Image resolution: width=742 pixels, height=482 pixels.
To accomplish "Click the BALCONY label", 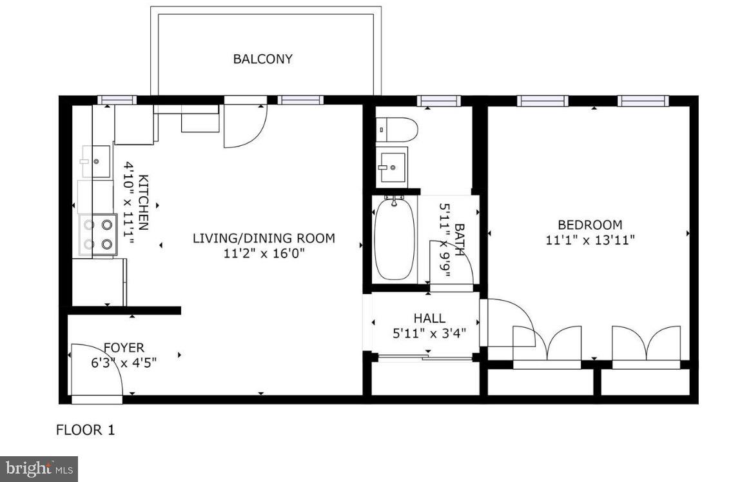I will point(262,59).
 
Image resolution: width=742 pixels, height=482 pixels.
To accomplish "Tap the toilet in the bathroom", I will point(396,129).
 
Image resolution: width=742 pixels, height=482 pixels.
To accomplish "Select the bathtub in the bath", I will point(394,239).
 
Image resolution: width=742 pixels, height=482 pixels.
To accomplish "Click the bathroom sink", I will point(391,166).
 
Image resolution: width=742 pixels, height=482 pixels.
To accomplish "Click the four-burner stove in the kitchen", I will point(99,235).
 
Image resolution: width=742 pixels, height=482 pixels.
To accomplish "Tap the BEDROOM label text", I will point(590,225).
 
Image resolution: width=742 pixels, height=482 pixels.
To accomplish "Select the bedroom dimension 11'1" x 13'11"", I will point(590,240).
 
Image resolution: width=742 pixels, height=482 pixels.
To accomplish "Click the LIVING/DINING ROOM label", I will point(264,238).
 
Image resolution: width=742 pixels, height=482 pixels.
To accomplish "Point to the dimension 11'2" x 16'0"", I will point(264,254).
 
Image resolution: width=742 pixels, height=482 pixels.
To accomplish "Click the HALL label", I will point(429,318).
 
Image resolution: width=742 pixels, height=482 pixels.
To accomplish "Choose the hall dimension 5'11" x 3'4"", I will point(429,333).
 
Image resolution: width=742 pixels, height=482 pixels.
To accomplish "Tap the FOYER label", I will point(124,348).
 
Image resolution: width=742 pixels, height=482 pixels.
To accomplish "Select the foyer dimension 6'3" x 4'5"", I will point(124,363).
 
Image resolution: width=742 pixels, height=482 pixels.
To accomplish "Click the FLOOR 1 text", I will point(86,430).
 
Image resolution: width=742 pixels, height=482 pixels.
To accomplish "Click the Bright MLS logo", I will point(39,468).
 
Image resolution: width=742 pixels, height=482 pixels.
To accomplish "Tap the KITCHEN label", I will point(143,202).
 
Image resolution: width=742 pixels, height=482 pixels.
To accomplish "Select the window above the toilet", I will point(438,101).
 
